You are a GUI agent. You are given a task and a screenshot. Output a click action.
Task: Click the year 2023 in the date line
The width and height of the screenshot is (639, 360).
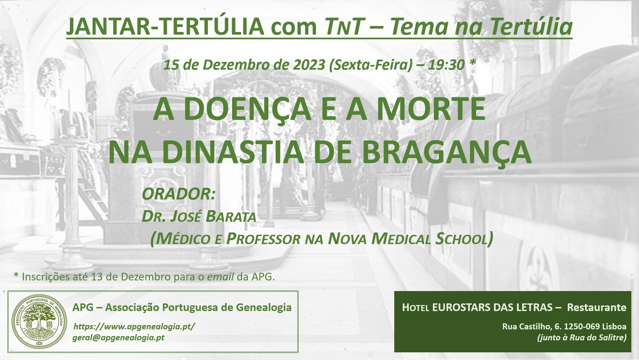point(309,65)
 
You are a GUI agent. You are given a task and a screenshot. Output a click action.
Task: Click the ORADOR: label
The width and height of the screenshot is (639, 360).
point(179,194)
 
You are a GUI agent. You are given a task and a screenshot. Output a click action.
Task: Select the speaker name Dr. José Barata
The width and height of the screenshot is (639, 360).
point(199,216)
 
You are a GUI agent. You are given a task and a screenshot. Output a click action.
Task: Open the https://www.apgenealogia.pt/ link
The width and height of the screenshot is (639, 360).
point(134,327)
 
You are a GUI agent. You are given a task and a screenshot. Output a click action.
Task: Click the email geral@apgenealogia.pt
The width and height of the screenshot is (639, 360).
point(119,338)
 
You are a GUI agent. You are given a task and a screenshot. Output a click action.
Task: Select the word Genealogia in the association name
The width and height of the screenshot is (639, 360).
point(264,307)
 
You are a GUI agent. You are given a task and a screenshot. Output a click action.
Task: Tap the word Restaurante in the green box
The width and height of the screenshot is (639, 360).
point(597,307)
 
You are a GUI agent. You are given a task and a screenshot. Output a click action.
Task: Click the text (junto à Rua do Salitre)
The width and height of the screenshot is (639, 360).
point(582,338)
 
